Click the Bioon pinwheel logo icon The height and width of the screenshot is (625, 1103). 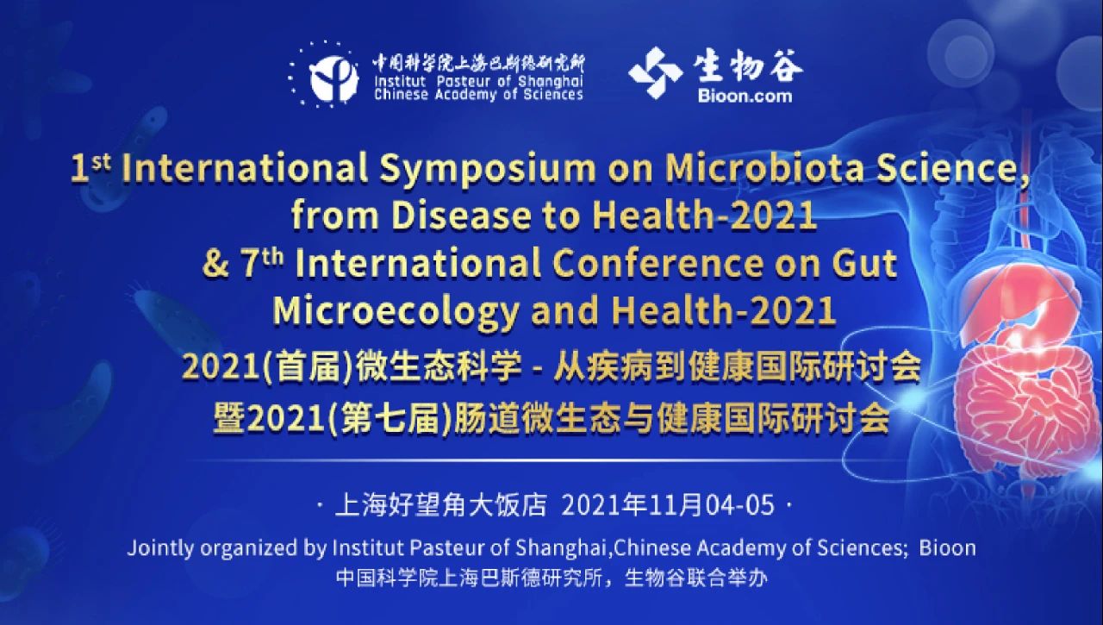[x=655, y=72]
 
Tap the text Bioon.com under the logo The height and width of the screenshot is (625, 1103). [x=745, y=96]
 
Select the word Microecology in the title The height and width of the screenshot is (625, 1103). [x=395, y=311]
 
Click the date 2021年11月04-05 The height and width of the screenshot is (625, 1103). [x=668, y=505]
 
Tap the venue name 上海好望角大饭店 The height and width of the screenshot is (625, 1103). [x=440, y=505]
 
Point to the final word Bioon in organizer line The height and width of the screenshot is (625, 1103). [x=947, y=547]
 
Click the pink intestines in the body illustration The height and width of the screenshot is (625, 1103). [x=1017, y=397]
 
